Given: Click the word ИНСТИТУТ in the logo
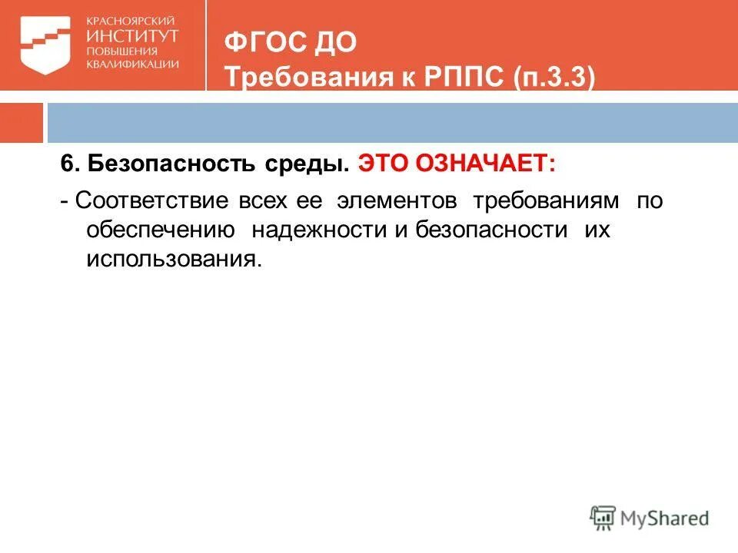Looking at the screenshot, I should pyautogui.click(x=132, y=35).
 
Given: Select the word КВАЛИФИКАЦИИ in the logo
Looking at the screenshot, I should pyautogui.click(x=133, y=65).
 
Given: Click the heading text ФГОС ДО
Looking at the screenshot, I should pyautogui.click(x=290, y=41).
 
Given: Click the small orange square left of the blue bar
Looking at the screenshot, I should pyautogui.click(x=21, y=122).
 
